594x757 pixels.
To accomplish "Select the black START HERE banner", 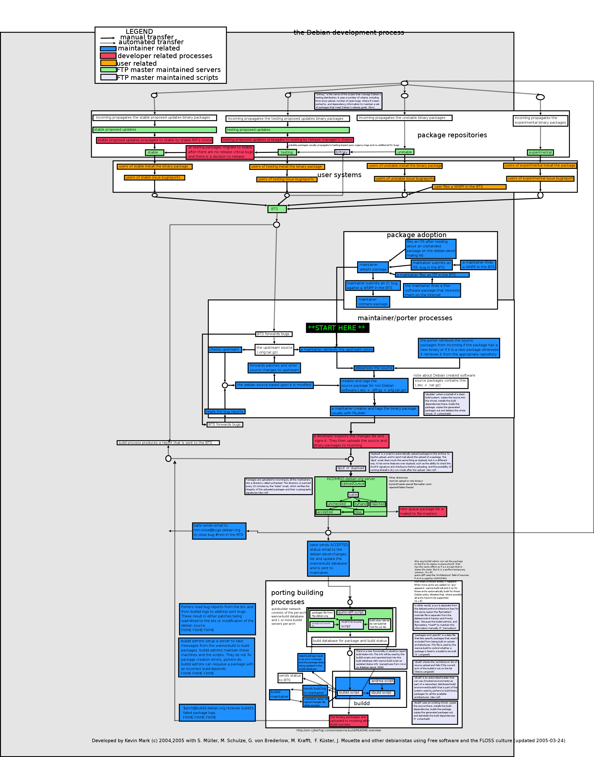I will click(x=337, y=328).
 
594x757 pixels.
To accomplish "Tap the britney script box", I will click(x=342, y=152).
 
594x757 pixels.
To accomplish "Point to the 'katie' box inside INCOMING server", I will click(x=353, y=495).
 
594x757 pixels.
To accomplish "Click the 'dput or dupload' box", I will click(x=351, y=468).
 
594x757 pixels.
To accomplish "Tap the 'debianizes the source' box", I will click(x=374, y=368).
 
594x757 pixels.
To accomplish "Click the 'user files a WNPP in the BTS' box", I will click(x=469, y=187).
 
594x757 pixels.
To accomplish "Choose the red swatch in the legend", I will click(x=108, y=56).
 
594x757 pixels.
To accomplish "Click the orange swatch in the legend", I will click(x=108, y=63).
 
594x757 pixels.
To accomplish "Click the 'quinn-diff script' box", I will click(x=351, y=612).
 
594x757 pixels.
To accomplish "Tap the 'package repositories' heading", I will click(x=452, y=135).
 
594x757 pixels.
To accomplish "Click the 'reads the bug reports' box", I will click(x=225, y=411).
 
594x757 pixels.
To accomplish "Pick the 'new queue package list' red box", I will click(x=422, y=511).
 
